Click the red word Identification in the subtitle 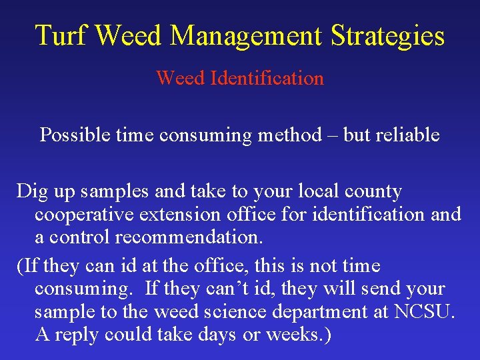pyautogui.click(x=267, y=79)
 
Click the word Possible pyautogui.click(x=75, y=135)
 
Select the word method pyautogui.click(x=289, y=135)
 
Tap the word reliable pyautogui.click(x=407, y=135)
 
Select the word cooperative pyautogui.click(x=81, y=215)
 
